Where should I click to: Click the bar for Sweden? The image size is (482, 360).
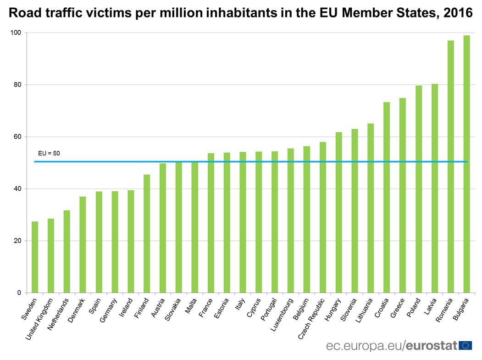[x=35, y=257]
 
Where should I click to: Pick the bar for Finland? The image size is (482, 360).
[x=147, y=233]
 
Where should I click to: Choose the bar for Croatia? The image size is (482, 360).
[x=387, y=197]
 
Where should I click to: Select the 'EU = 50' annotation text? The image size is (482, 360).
[x=49, y=153]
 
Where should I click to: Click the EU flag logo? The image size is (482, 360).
[x=465, y=345]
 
